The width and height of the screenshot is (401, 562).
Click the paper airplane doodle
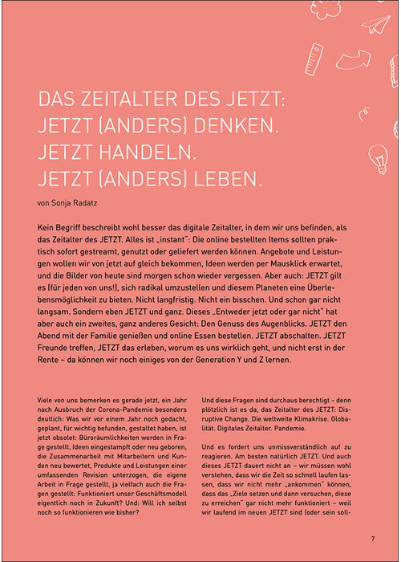pos(375,23)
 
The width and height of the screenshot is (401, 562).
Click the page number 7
pos(372,537)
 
